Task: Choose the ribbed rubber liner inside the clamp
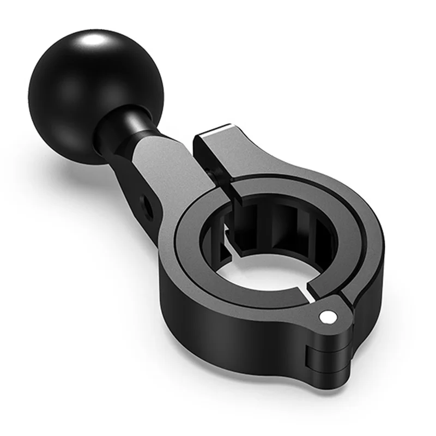click(x=283, y=223)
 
